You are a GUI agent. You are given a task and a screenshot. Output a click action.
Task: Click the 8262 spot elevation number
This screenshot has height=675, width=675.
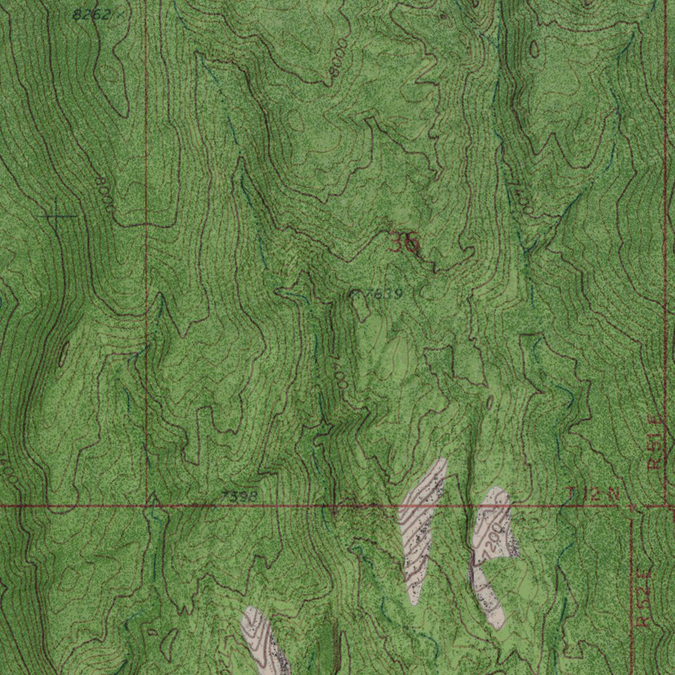(x=91, y=15)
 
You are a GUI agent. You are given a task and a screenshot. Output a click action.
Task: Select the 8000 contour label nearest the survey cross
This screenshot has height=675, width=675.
(x=104, y=194)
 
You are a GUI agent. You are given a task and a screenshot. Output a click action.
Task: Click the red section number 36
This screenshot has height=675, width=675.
(x=403, y=244)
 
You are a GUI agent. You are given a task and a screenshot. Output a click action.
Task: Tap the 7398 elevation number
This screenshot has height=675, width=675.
(x=239, y=495)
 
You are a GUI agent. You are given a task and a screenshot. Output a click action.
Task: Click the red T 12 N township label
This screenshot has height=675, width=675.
(x=594, y=494)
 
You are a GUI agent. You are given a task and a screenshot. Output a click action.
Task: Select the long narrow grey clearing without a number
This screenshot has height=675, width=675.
(x=421, y=527)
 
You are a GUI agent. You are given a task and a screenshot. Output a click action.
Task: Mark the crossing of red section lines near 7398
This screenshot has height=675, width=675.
(x=146, y=506)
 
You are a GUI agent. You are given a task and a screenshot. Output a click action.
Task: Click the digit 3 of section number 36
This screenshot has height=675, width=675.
(x=397, y=244)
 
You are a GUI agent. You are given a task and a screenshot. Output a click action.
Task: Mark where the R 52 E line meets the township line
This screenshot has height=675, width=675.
(x=631, y=506)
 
